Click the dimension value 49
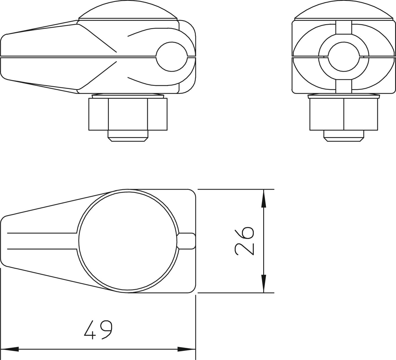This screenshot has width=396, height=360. [x=98, y=330]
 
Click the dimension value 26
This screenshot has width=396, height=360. [x=244, y=241]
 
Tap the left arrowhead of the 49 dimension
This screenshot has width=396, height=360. [x=10, y=349]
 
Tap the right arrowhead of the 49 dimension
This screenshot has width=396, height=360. [x=187, y=349]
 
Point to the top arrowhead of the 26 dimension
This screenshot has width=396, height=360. [x=264, y=198]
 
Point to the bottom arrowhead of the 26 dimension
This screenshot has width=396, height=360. [x=264, y=284]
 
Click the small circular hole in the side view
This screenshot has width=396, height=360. [x=172, y=57]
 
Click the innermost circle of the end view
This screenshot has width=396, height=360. [x=344, y=57]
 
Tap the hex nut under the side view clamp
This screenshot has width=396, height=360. [x=128, y=114]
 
